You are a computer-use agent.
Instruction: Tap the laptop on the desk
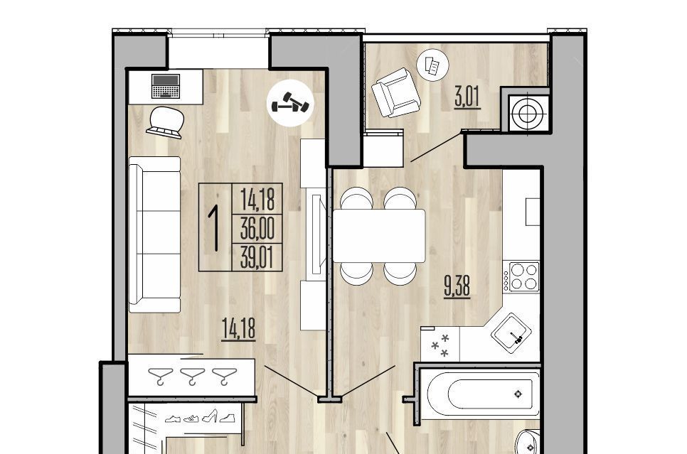(x=166, y=86)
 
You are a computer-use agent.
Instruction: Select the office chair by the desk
(x=166, y=122)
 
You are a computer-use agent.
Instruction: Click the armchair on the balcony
(x=396, y=92)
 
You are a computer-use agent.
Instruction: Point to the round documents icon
(x=433, y=65)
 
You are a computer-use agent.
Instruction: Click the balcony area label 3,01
(x=467, y=97)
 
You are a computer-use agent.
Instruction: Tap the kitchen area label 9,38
(x=457, y=287)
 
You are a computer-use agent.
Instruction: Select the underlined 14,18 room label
(x=238, y=329)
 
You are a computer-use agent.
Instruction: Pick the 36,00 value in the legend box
(x=257, y=228)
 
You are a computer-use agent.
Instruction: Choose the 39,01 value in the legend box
(x=257, y=257)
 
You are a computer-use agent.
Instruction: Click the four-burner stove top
(x=521, y=277)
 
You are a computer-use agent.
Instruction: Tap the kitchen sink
(x=512, y=335)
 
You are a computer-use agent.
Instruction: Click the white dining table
(x=379, y=236)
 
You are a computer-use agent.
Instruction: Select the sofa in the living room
(x=154, y=234)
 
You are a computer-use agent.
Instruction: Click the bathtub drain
(x=518, y=394)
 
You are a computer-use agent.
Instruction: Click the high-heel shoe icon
(x=210, y=416)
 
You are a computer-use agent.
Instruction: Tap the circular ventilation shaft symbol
(x=527, y=114)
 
